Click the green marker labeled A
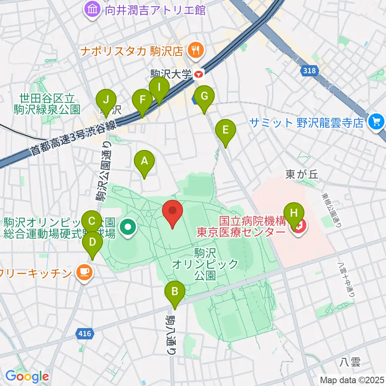pos(144,162)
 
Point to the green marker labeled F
pos(142,100)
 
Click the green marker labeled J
pos(106,99)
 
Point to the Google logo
pos(27,376)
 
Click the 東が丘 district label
pos(302,174)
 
